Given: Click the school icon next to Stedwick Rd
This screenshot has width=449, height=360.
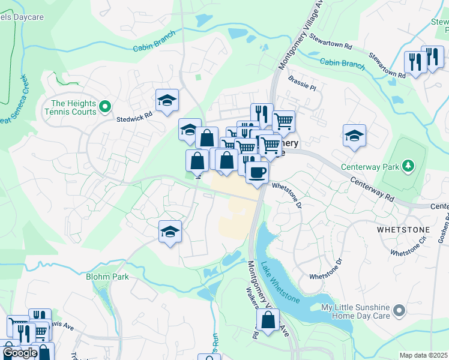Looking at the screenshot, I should (x=167, y=100).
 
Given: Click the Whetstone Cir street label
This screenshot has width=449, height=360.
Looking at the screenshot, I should (x=408, y=249).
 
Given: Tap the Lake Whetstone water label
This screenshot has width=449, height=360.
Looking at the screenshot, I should (x=279, y=281).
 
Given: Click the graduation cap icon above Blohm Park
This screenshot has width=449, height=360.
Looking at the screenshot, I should (x=170, y=232).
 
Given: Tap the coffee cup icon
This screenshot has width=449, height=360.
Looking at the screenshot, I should (x=257, y=172).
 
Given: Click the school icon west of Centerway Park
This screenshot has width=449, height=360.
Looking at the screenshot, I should (x=354, y=136).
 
